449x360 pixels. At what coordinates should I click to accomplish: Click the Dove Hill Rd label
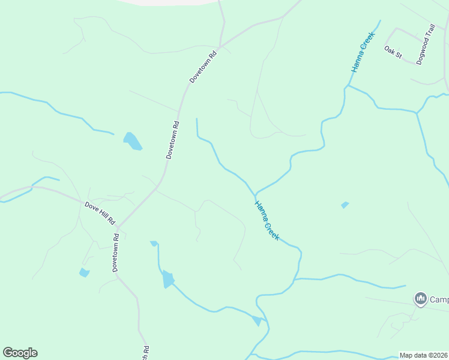[x=100, y=213]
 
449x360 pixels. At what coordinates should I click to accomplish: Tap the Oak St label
[x=393, y=53]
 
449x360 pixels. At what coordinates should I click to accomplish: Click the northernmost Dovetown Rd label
[x=202, y=66]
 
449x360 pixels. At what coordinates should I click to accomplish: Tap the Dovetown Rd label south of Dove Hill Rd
[x=116, y=252]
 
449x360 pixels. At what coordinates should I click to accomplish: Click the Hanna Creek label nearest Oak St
[x=363, y=52]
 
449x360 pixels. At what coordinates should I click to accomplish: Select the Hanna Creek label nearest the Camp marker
[x=267, y=221]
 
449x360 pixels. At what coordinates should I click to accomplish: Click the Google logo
[x=20, y=353]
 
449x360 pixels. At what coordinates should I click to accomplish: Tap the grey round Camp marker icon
[x=420, y=298]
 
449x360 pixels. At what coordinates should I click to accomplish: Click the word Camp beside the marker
[x=439, y=299]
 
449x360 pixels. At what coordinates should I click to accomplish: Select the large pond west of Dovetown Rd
[x=133, y=142]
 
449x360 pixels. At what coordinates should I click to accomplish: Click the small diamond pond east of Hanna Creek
[x=345, y=205]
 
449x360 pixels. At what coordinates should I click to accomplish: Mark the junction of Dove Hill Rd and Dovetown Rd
[x=118, y=228]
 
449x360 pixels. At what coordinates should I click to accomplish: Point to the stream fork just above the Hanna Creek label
[x=256, y=194]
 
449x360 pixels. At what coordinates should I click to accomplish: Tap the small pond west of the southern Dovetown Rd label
[x=84, y=272]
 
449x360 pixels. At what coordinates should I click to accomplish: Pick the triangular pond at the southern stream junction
[x=258, y=320]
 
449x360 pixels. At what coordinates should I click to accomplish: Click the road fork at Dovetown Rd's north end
[x=220, y=46]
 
